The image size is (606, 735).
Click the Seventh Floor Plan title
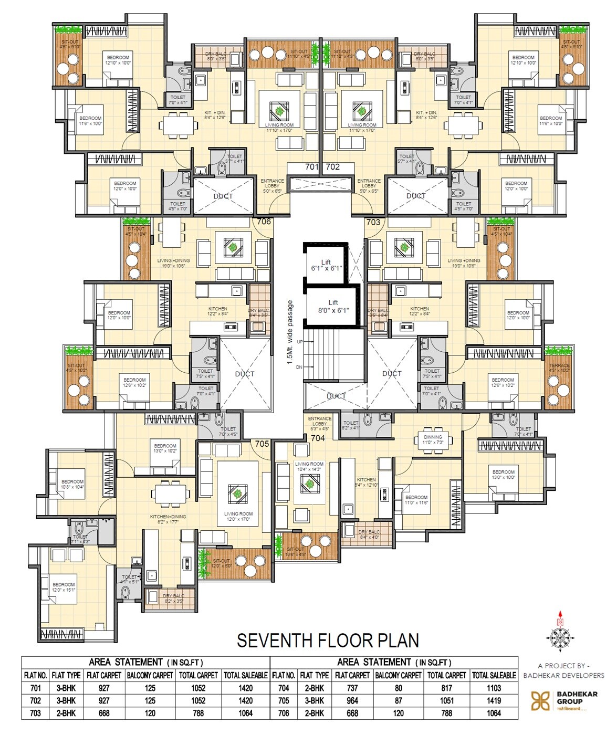click(328, 640)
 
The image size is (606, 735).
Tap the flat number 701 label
click(312, 167)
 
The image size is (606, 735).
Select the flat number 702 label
click(333, 167)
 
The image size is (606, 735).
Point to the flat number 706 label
click(264, 222)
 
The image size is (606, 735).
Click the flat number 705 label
click(262, 444)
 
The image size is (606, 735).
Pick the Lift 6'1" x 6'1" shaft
click(326, 265)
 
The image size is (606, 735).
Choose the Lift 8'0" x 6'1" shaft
click(333, 306)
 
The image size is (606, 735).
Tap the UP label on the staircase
click(300, 342)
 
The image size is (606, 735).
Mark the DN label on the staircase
click(299, 367)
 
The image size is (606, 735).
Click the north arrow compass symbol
click(560, 632)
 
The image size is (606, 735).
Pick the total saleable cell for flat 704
click(494, 688)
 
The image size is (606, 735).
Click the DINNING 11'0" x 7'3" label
click(433, 439)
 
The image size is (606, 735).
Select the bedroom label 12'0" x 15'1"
click(64, 587)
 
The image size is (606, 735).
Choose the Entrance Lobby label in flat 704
click(319, 421)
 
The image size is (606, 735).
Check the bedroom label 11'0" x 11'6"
click(416, 500)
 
